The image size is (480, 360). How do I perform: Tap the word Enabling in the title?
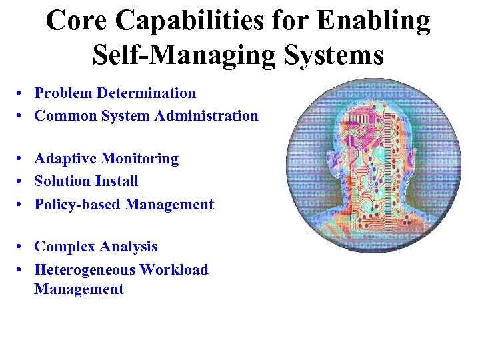pos(373,21)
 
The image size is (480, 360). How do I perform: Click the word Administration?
pos(206,116)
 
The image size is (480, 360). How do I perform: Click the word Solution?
pos(62,181)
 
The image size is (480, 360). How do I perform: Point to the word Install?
pos(116,181)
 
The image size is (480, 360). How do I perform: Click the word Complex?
pos(63,247)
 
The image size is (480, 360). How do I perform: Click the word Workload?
pos(174,270)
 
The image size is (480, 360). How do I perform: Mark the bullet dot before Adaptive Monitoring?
pos(22,159)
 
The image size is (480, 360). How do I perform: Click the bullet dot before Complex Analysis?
pos(22,247)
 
